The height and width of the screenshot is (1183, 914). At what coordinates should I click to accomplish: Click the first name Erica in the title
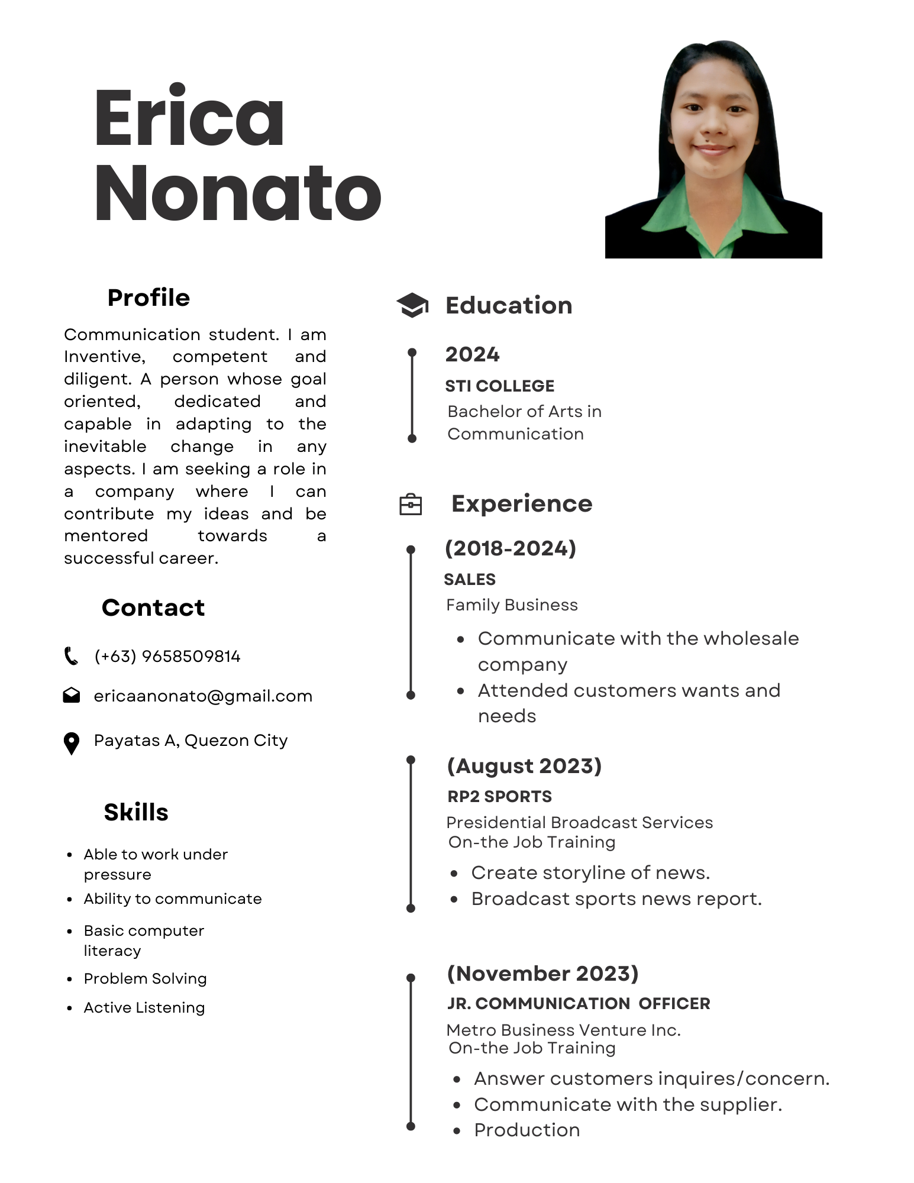pos(189,117)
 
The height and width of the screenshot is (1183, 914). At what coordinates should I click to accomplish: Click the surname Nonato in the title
pos(238,193)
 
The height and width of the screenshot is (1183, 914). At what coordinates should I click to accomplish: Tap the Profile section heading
pos(148,298)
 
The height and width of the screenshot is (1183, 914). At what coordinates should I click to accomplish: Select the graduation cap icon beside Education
pos(412,305)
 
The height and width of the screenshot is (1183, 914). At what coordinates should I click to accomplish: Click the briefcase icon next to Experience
pos(411,504)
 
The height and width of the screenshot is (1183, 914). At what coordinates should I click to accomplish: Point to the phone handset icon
pos(71,656)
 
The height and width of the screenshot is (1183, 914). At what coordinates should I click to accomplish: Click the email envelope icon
pos(72,695)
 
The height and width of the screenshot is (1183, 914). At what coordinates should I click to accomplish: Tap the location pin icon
pos(72,743)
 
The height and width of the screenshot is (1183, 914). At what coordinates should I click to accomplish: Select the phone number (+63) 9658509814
pos(167,656)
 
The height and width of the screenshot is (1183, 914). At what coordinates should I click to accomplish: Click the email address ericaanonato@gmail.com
pos(203,696)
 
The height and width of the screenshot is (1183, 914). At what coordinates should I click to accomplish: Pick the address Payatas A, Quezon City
pos(190,740)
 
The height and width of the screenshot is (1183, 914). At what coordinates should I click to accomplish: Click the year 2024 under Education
pos(472,354)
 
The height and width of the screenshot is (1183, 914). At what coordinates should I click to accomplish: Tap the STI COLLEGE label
pos(499,386)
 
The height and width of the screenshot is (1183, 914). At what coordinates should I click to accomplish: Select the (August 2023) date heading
pos(524,765)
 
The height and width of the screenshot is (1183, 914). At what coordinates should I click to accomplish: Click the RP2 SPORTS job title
pos(499,796)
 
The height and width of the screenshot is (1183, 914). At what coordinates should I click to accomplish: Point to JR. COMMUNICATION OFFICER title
pos(579,1003)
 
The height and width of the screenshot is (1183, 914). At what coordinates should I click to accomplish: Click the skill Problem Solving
pos(145,978)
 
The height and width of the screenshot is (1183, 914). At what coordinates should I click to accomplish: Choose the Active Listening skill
pos(144,1007)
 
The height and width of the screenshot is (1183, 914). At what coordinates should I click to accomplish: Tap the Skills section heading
pos(136,812)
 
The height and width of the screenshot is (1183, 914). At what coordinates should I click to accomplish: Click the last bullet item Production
pos(527,1130)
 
